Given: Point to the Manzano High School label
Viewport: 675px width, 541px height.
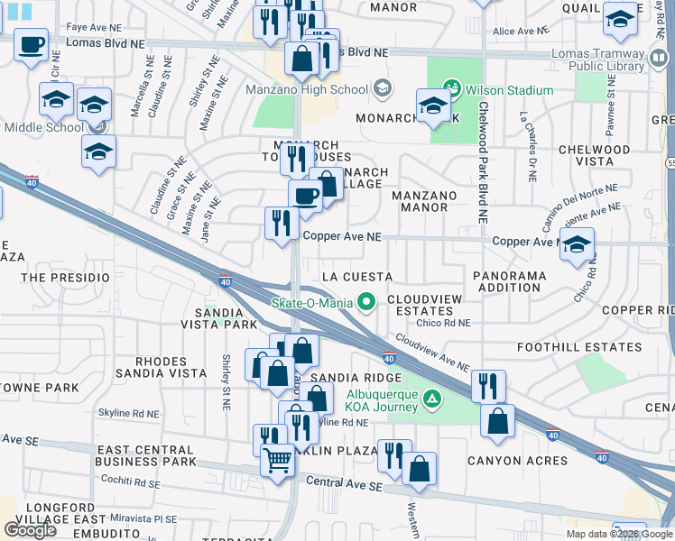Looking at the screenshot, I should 307,89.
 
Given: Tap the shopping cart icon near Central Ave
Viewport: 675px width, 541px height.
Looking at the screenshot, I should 278,460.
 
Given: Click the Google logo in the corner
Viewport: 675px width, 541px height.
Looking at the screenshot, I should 30,530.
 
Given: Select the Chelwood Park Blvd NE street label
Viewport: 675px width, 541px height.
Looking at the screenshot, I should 483,162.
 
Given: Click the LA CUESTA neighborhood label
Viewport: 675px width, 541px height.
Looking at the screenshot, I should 357,276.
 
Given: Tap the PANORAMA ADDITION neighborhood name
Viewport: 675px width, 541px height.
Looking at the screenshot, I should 509,280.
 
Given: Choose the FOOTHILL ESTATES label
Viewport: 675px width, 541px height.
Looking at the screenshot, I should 578,347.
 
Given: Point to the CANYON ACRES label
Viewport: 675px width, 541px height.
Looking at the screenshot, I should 517,461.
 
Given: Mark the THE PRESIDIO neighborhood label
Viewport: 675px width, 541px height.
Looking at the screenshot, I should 58,278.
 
